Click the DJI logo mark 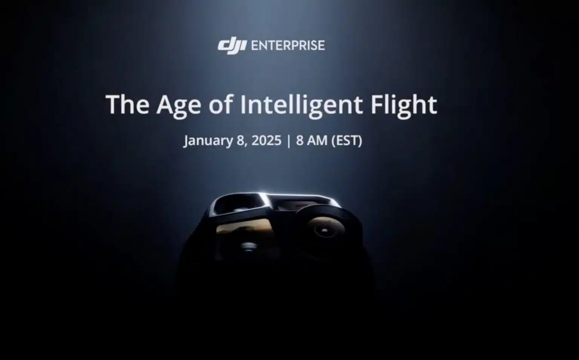[x=232, y=47]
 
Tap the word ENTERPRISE [x=288, y=46]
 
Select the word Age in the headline [x=179, y=106]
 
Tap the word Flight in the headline [x=404, y=106]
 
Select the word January [x=208, y=141]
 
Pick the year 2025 [x=266, y=140]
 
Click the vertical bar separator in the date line [x=289, y=141]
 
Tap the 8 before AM [x=300, y=140]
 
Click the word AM [x=317, y=140]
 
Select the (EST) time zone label [x=347, y=141]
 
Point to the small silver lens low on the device [x=248, y=246]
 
